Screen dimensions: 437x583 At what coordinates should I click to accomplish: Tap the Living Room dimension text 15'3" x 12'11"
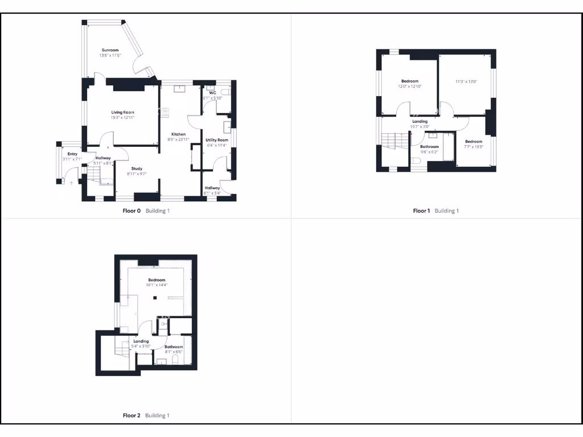point(123,118)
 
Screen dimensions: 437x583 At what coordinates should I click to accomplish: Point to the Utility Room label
point(217,140)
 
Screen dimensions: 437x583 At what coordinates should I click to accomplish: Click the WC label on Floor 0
point(212,93)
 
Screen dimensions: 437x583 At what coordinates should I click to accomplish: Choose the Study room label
point(137,168)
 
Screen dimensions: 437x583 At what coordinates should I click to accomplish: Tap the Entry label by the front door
point(72,154)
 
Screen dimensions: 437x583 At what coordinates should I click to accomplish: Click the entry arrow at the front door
point(72,183)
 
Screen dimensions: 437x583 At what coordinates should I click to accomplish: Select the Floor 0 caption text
point(132,211)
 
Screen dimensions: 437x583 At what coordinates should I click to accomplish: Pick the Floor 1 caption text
point(421,211)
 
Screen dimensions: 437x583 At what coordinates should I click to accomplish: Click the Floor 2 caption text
point(132,415)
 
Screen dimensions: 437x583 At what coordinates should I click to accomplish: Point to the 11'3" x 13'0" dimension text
point(466,81)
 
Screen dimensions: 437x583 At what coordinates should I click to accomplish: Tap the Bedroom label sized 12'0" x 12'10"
point(410,81)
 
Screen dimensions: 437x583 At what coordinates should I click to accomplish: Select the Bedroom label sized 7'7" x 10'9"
point(474,142)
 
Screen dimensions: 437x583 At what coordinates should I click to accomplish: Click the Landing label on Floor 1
point(420,121)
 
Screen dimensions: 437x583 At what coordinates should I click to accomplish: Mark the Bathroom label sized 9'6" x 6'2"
point(429,147)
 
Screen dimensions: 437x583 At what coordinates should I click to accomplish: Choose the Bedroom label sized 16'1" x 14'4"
point(157,280)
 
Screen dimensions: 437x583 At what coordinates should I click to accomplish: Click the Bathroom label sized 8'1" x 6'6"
point(174,347)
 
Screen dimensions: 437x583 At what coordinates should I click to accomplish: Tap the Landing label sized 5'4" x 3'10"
point(141,341)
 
